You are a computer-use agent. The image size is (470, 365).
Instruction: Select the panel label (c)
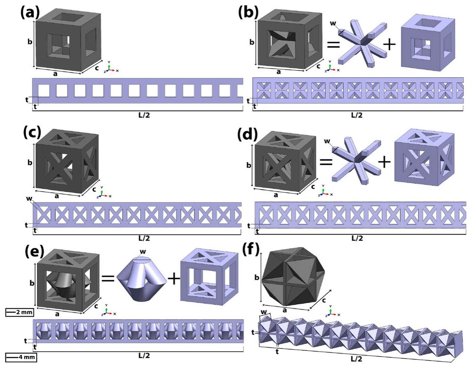click(x=32, y=132)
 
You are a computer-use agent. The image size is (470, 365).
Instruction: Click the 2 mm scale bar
click(x=19, y=312)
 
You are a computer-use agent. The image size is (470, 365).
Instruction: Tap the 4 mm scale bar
click(x=21, y=357)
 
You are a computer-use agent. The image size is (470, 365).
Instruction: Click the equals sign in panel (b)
click(x=333, y=45)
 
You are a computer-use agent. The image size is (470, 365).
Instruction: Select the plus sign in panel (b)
click(x=389, y=45)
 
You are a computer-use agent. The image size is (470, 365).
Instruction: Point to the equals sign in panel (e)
click(x=108, y=278)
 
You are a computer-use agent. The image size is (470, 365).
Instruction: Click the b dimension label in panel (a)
click(x=30, y=42)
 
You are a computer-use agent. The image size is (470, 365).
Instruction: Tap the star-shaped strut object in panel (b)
click(x=358, y=42)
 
